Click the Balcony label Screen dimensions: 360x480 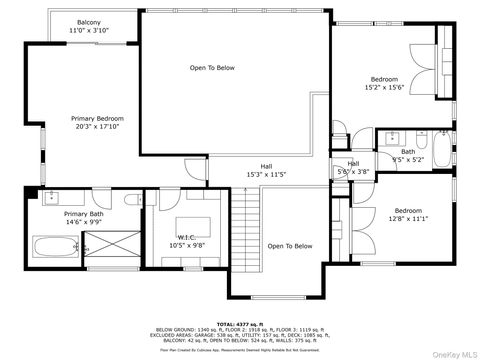(91, 22)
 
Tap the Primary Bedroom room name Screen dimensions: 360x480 (97, 118)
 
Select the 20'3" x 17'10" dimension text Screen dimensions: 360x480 (97, 126)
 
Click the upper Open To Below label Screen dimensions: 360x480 (212, 68)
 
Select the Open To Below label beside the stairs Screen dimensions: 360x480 (290, 246)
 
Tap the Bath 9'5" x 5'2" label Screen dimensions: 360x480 (407, 158)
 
